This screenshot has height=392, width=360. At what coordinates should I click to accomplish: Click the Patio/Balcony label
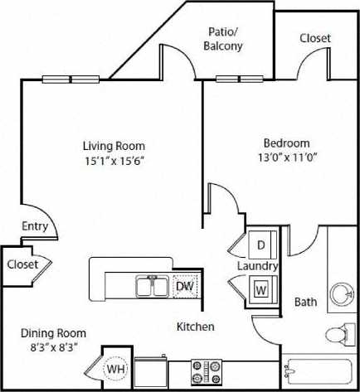coord(223,39)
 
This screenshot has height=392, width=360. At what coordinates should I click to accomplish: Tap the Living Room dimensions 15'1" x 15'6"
coord(114,161)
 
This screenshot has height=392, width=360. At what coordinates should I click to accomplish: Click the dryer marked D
coord(260,245)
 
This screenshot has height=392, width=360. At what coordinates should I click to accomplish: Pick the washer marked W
coord(260,291)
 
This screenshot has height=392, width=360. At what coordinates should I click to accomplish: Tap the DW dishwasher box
coord(185,287)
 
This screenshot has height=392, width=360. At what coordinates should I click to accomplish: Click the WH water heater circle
coord(115,367)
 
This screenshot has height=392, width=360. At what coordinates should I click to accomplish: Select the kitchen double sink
coord(153,287)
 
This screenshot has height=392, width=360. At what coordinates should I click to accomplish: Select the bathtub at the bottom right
coord(320,373)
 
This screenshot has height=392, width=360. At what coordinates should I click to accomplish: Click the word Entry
coord(35,226)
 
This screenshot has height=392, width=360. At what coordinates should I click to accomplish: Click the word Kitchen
coord(196,327)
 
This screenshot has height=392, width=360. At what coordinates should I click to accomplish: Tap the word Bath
coord(306,302)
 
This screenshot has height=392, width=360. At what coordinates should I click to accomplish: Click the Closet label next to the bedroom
coord(314,38)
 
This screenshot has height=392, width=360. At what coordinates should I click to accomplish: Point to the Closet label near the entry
coord(22,264)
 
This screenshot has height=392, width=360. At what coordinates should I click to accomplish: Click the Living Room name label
coord(114,146)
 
